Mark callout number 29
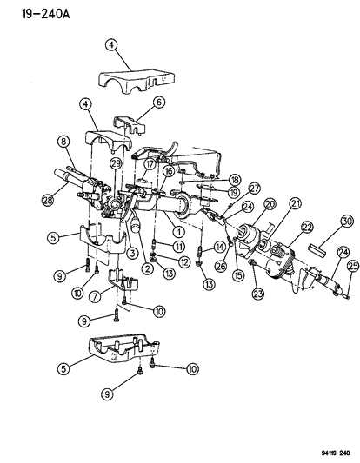pos(117,165)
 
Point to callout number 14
pos(219,248)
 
